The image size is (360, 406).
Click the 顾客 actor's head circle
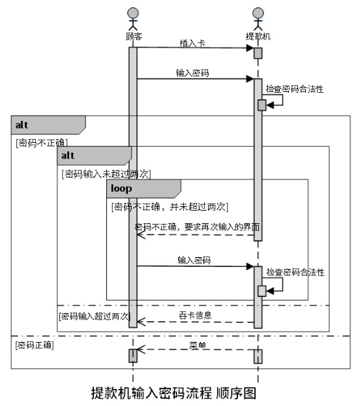(x=133, y=13)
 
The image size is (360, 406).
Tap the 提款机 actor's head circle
(x=258, y=13)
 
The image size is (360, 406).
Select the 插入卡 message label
(x=192, y=43)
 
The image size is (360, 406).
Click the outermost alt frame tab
(x=48, y=125)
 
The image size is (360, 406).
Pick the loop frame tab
(x=143, y=189)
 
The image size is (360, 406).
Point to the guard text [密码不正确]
(x=42, y=143)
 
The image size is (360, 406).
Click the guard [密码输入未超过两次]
(x=106, y=174)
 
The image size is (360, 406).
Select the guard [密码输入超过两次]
(x=95, y=316)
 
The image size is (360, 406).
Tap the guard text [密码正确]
(x=35, y=345)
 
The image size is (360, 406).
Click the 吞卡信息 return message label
(x=195, y=315)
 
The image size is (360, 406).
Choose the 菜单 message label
(x=198, y=345)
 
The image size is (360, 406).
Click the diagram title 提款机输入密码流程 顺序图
(x=173, y=393)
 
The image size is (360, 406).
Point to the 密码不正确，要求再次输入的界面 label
(x=197, y=226)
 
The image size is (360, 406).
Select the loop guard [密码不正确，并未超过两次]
(x=170, y=207)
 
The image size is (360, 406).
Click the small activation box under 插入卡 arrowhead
(x=258, y=53)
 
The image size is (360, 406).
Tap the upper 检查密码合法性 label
(x=295, y=89)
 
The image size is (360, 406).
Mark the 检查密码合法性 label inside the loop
(x=295, y=272)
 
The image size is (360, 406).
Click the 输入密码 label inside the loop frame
(x=194, y=260)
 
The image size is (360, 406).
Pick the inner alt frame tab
(x=95, y=155)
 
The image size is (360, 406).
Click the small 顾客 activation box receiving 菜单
(x=133, y=356)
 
